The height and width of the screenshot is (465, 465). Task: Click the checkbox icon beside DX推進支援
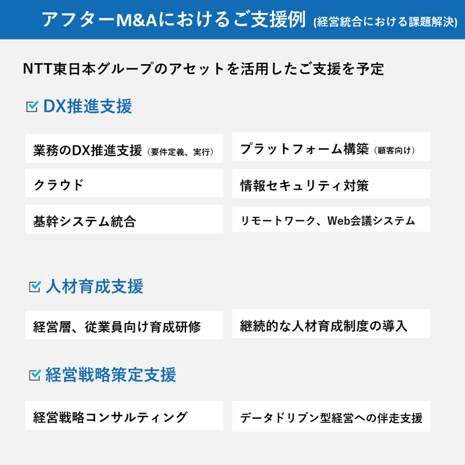click(x=32, y=106)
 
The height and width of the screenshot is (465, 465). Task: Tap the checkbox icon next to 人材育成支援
click(x=35, y=287)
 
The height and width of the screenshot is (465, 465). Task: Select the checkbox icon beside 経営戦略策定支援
click(x=35, y=376)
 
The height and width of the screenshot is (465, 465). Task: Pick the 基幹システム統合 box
click(x=124, y=221)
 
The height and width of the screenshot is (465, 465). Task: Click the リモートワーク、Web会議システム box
click(x=331, y=220)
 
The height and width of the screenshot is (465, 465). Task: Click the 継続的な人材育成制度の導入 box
click(x=331, y=325)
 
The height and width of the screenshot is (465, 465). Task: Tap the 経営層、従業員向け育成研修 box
click(x=124, y=326)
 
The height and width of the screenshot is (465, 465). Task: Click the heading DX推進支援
click(x=88, y=106)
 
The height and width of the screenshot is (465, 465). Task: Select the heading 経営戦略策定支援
click(x=110, y=376)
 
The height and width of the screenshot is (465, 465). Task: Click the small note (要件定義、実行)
click(x=179, y=152)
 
